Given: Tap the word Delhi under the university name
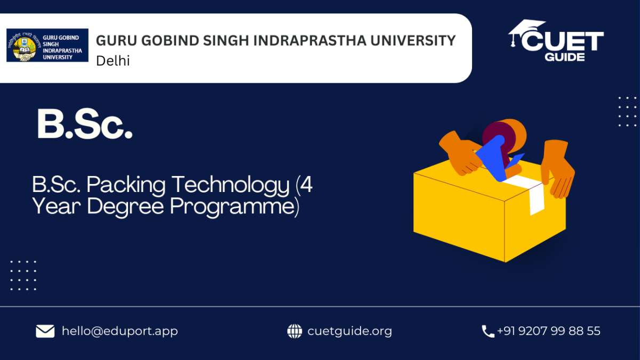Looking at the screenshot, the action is [113, 61].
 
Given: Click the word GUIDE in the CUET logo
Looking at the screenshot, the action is [565, 57].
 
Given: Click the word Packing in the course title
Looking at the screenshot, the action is [126, 186].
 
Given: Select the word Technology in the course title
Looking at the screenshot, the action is [231, 186].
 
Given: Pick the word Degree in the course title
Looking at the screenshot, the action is [125, 206].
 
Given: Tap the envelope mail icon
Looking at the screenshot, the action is [45, 331].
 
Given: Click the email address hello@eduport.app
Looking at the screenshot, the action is [119, 331].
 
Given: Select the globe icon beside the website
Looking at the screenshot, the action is [294, 331].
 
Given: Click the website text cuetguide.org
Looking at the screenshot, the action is [350, 331].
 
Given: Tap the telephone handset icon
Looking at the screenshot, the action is [488, 331].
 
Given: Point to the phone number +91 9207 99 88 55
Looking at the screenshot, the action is [549, 331].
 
